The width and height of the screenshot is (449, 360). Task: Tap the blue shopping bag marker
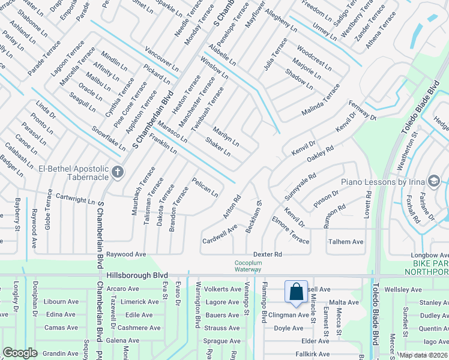point(296,292)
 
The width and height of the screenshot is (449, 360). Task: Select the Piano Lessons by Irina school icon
point(433,181)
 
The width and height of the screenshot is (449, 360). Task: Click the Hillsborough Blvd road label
point(137,275)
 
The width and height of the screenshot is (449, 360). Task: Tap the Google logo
point(20,353)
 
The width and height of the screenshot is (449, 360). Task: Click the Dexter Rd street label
point(267,254)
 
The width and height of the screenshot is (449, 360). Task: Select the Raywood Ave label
point(126,254)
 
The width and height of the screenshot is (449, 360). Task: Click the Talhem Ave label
point(345,242)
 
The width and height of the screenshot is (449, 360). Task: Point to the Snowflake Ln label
point(109,137)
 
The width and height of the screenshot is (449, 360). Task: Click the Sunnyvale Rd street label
point(300,187)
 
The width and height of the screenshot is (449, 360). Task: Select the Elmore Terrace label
point(290,233)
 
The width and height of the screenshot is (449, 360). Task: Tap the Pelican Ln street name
point(205,187)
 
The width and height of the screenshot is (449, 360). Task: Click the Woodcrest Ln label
point(314,57)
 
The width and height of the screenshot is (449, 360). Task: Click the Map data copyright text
point(423,355)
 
